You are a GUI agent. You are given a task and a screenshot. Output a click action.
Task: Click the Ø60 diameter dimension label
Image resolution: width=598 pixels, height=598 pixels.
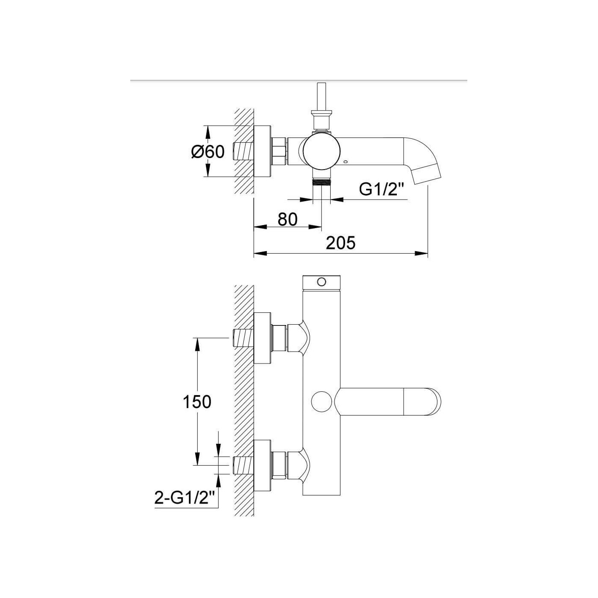click(x=208, y=152)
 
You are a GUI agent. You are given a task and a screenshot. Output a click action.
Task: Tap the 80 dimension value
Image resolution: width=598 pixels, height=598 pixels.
click(x=287, y=219)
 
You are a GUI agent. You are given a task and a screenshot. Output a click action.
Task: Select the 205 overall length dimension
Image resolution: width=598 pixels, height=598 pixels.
click(x=340, y=243)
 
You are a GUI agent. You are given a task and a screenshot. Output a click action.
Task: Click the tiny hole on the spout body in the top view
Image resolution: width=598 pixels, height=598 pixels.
click(x=347, y=162)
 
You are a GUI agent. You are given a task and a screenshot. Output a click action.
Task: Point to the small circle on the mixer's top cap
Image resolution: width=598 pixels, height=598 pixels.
click(x=322, y=282)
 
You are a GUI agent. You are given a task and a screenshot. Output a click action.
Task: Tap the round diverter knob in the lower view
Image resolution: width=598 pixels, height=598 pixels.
click(x=322, y=402)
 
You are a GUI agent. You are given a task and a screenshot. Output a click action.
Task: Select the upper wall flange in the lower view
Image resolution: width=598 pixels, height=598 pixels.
click(x=263, y=338)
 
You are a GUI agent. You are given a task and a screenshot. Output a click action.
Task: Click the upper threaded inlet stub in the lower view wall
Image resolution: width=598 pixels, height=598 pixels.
click(x=243, y=338)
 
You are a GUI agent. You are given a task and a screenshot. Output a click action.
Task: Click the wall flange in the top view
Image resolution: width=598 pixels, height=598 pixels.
click(x=263, y=152)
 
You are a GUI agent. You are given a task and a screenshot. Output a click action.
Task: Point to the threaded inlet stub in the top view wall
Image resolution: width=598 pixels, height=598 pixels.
click(x=243, y=152)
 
